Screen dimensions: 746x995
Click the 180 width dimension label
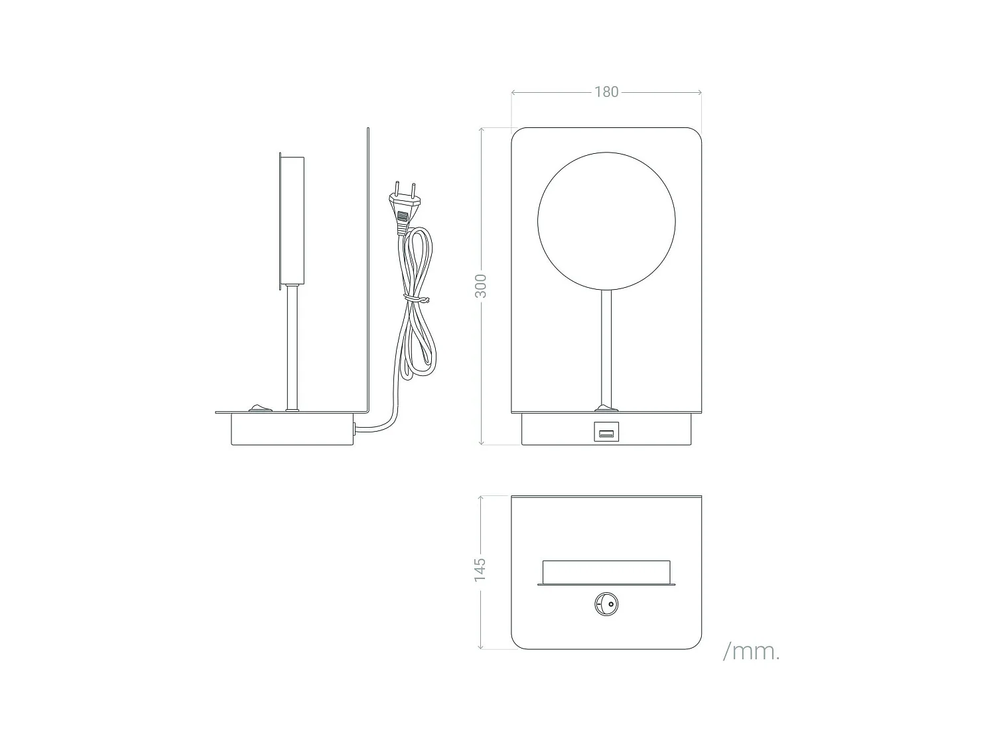click(x=606, y=92)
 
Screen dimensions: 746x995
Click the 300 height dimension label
click(x=481, y=286)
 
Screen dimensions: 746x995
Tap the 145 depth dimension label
click(x=480, y=570)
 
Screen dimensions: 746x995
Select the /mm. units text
click(x=751, y=651)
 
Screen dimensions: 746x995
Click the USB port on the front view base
click(x=606, y=434)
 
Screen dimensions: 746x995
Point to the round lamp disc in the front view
click(x=606, y=221)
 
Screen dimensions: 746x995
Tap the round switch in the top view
click(x=606, y=605)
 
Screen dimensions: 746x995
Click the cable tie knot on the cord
click(x=416, y=299)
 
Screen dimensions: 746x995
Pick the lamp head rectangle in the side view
click(x=292, y=220)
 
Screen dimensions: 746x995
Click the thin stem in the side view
click(x=292, y=345)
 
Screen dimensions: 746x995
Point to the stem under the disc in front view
click(x=606, y=345)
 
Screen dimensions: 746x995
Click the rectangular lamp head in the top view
click(x=606, y=572)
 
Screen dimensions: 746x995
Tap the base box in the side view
click(x=292, y=429)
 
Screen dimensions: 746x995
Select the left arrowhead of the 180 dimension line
click(x=513, y=92)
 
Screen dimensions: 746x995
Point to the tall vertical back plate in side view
click(x=367, y=265)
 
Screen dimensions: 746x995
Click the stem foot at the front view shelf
click(x=606, y=407)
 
